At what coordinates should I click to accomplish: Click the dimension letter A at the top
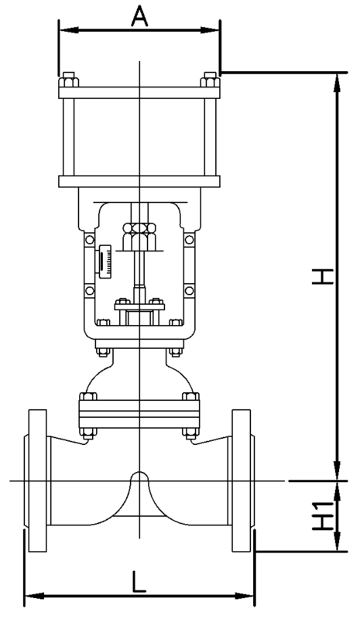(x=139, y=17)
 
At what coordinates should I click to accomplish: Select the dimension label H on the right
(x=323, y=276)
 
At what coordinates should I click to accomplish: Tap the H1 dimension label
(x=323, y=516)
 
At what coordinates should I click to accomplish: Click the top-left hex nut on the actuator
(x=68, y=80)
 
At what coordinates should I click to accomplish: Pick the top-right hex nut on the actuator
(x=210, y=80)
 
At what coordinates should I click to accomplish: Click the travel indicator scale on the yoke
(x=105, y=261)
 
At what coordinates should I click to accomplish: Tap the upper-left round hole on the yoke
(x=90, y=240)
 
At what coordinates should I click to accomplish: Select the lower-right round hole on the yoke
(x=189, y=291)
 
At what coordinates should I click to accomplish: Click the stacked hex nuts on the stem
(x=139, y=236)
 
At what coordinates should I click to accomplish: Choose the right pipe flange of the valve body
(x=242, y=480)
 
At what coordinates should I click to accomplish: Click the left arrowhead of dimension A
(x=68, y=30)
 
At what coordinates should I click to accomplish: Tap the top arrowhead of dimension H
(x=337, y=82)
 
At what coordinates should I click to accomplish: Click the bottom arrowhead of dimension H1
(x=337, y=542)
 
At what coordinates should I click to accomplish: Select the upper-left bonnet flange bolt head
(x=88, y=396)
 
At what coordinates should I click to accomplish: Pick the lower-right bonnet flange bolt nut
(x=190, y=433)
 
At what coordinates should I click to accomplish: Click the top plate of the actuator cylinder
(x=139, y=92)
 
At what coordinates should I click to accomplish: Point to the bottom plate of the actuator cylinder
(x=139, y=182)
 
